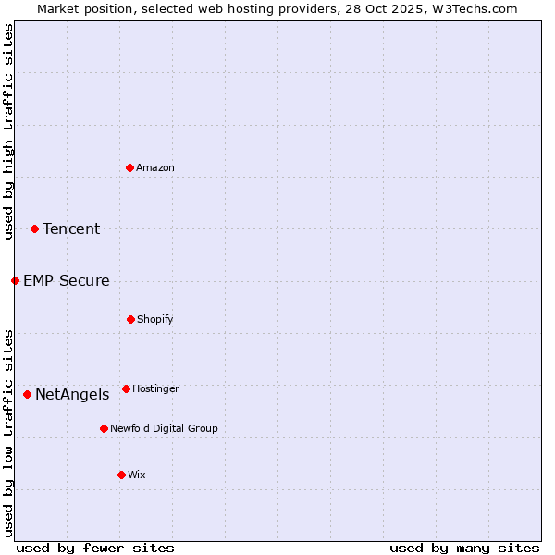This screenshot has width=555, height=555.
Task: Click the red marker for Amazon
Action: click(x=129, y=167)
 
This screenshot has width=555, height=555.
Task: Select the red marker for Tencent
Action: click(x=34, y=228)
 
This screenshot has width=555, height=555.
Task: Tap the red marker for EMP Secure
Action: click(x=15, y=280)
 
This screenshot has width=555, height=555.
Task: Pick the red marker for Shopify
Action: click(x=130, y=319)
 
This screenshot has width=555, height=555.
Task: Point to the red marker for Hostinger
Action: click(x=126, y=388)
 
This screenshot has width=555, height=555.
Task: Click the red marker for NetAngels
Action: click(x=27, y=394)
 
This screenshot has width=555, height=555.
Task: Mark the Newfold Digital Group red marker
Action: click(x=104, y=428)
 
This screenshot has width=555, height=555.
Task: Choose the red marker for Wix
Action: click(x=121, y=475)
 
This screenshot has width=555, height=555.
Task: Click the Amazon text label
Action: click(x=155, y=167)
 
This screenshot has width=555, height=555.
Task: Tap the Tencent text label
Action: click(x=71, y=228)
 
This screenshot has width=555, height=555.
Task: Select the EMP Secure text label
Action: click(x=67, y=280)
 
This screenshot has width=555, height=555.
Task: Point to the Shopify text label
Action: click(x=155, y=319)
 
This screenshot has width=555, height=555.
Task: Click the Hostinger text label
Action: click(x=155, y=388)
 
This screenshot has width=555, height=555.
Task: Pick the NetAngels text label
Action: click(x=72, y=394)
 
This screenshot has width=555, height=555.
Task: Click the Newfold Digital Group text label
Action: click(x=164, y=428)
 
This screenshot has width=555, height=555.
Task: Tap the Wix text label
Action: click(x=137, y=475)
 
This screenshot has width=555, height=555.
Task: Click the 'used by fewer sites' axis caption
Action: click(x=95, y=548)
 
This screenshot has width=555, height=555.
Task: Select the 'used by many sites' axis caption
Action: click(x=464, y=548)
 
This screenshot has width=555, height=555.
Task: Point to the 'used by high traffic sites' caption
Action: click(x=8, y=131)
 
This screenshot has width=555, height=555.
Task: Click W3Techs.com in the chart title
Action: click(x=472, y=8)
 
